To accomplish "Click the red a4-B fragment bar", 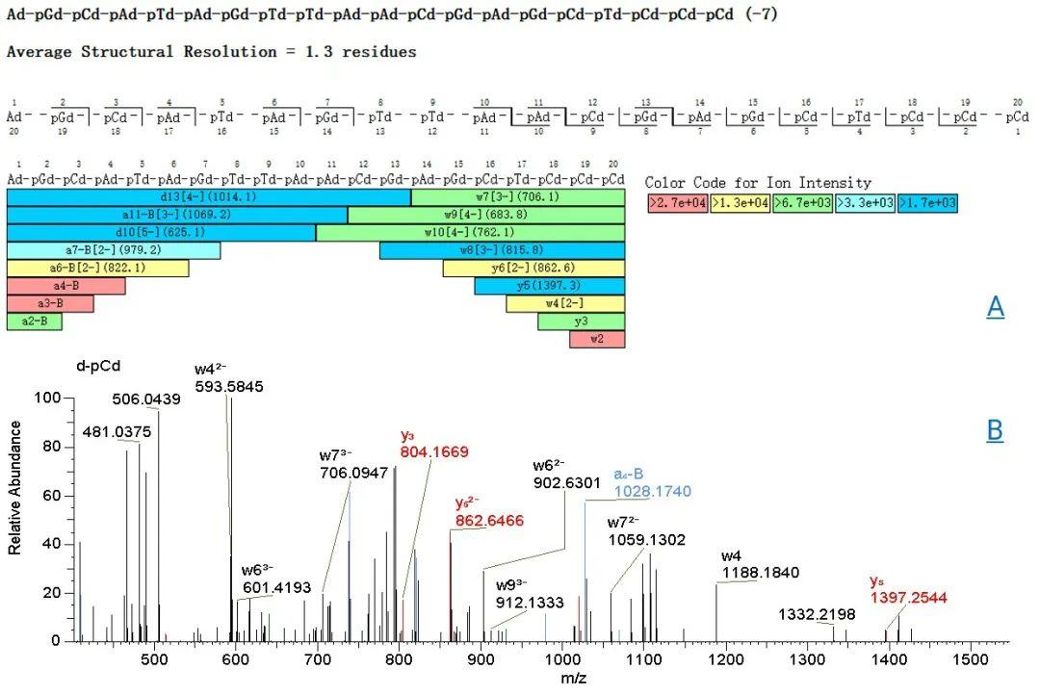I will point(65,286).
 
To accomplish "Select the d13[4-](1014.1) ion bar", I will point(209,197).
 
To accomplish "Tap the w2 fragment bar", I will point(597,339).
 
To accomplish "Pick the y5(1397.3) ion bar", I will point(550,286).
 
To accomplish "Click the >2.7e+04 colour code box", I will point(677,203).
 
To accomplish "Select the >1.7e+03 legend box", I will point(926,203).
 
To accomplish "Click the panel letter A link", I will point(996,307).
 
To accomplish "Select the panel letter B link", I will point(996,430).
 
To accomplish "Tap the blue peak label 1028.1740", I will point(653,492).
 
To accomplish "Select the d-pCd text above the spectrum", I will point(99,366).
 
